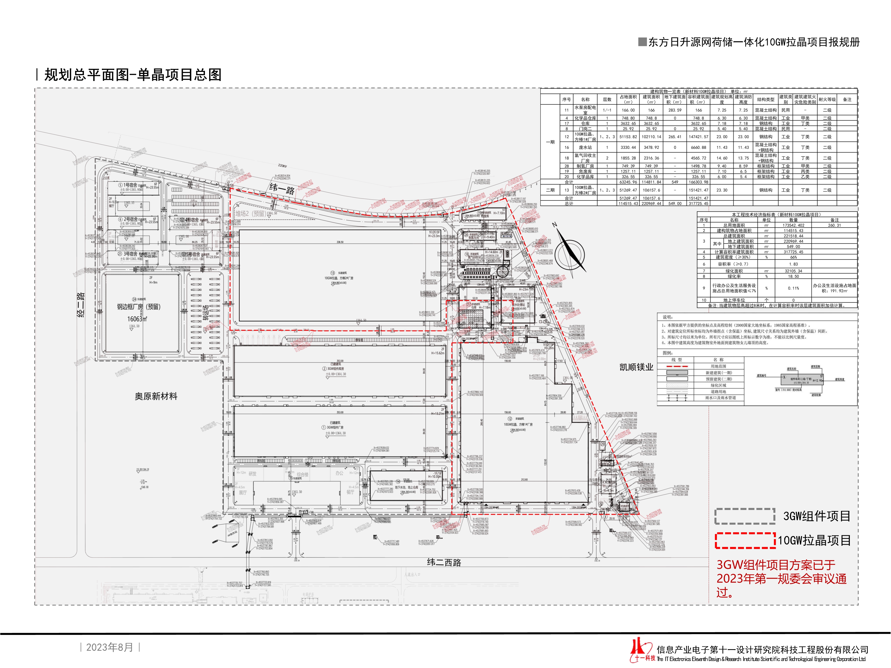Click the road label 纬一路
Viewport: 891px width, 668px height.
coord(282,189)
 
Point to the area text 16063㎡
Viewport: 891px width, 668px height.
coord(137,319)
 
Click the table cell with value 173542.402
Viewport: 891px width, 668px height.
coord(793,225)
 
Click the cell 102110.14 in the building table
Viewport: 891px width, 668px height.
coord(651,137)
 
